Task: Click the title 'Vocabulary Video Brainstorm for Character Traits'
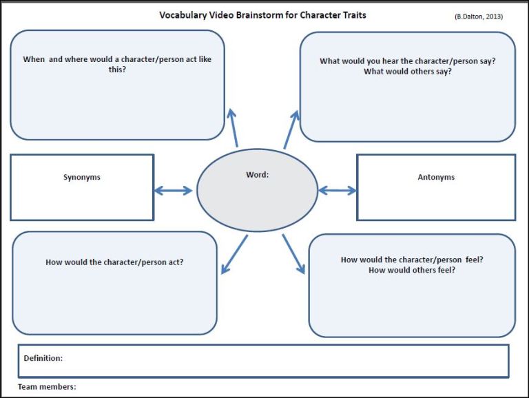coord(262,14)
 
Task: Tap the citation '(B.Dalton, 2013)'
coord(478,17)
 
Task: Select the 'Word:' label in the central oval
coord(257,175)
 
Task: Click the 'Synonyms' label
coord(82,177)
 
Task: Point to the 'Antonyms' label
coord(436,177)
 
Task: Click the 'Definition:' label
coord(43,358)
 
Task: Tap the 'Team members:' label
coord(47,387)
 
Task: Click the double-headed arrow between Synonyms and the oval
coord(174,191)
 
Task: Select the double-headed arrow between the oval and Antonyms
coord(337,191)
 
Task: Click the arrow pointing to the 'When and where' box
coord(234,127)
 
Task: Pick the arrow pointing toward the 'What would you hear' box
coord(291,129)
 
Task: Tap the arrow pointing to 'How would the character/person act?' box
coord(234,255)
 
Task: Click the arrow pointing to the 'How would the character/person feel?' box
coord(293,254)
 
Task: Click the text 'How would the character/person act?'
coord(114,262)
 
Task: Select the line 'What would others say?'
coord(408,72)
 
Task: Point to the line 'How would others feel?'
coord(412,271)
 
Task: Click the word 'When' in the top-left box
coord(34,59)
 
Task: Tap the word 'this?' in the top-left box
coord(116,70)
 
